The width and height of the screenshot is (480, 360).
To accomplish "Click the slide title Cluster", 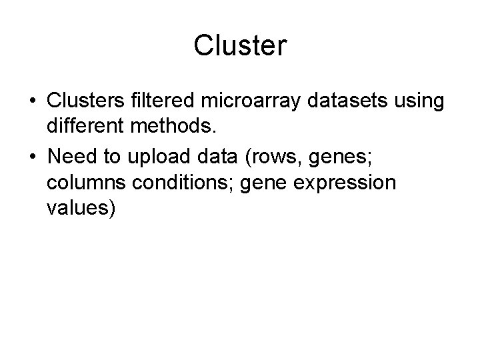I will coord(240,46).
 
